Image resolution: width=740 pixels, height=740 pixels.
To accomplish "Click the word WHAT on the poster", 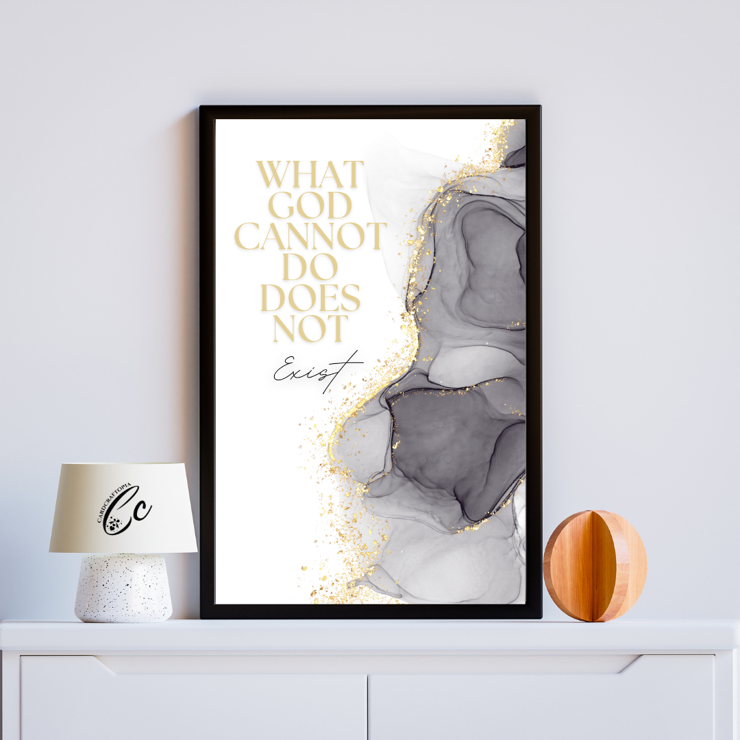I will [310, 175].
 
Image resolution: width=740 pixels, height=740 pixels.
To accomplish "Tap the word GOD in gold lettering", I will [310, 206].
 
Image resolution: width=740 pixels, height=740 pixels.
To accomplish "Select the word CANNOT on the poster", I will [310, 236].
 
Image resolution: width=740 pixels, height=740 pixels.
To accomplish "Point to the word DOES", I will [310, 298].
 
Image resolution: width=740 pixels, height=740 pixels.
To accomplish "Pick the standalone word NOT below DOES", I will [310, 328].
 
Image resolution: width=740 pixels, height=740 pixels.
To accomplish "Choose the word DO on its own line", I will [310, 267].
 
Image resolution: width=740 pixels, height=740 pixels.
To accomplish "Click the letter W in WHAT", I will [273, 175].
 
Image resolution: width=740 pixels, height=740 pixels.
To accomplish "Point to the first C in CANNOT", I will [247, 236].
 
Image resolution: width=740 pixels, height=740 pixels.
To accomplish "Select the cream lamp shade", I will [123, 507].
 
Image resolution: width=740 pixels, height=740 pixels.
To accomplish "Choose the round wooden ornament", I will [595, 565].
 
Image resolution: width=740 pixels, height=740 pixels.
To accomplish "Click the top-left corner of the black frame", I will [201, 108].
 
